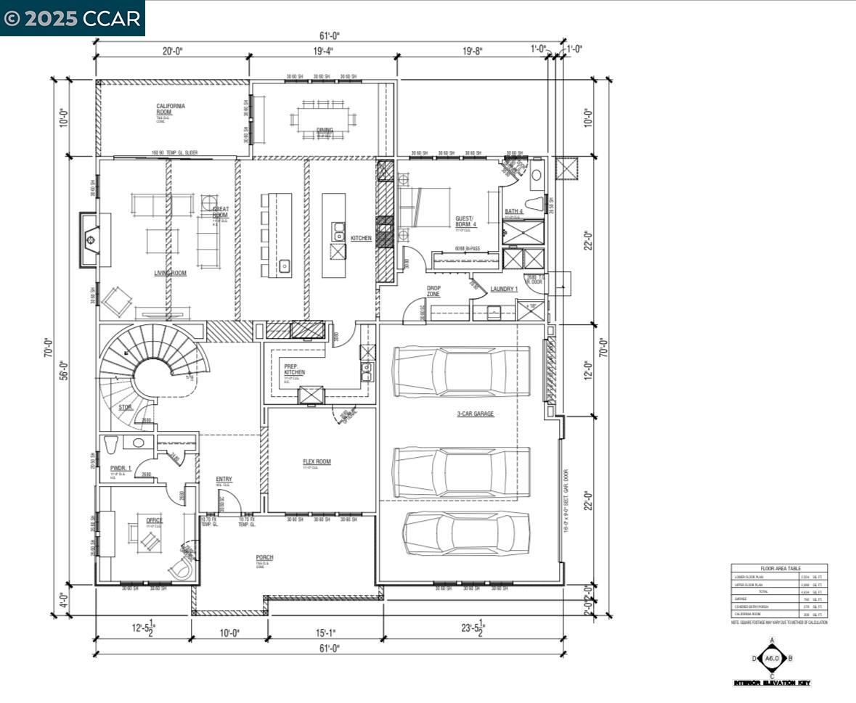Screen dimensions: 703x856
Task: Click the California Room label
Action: tap(171, 110)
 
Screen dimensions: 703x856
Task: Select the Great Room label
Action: tap(220, 212)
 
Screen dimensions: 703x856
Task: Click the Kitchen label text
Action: tap(361, 238)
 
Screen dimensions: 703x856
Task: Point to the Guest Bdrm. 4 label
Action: tap(465, 221)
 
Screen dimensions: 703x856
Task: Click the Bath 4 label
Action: tap(514, 211)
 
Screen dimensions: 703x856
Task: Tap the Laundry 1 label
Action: tap(504, 289)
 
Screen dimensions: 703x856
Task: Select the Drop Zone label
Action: tap(433, 290)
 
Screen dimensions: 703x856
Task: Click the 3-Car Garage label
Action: tap(475, 414)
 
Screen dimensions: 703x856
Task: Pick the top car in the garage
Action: tap(462, 371)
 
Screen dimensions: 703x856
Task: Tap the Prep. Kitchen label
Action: tap(294, 369)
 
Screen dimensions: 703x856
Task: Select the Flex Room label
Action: tap(317, 461)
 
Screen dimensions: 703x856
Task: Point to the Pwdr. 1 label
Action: tap(121, 469)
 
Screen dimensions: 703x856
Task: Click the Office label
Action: tap(154, 520)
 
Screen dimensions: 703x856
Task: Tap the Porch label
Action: tap(264, 557)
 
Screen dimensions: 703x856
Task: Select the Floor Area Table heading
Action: tap(779, 569)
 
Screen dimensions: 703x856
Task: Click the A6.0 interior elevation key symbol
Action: tap(772, 659)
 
